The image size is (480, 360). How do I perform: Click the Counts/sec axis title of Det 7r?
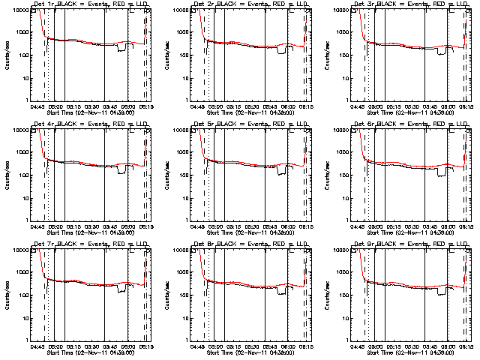pyautogui.click(x=7, y=293)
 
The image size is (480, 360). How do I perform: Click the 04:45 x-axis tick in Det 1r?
pyautogui.click(x=37, y=106)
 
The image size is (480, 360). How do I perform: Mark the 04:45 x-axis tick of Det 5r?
pyautogui.click(x=198, y=226)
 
